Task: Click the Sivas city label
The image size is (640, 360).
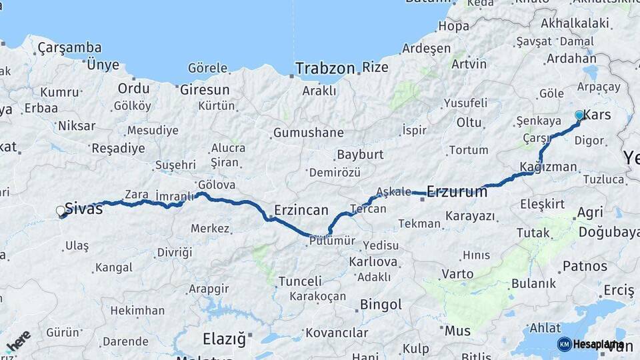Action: (84, 209)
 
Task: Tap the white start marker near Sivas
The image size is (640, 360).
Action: (61, 211)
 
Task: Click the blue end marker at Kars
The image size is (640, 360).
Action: (579, 115)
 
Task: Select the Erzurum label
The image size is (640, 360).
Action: (457, 192)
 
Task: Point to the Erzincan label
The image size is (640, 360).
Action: (301, 210)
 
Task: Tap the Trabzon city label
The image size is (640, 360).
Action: (325, 68)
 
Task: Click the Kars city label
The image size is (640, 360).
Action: (597, 115)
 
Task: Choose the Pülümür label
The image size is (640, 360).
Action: (331, 241)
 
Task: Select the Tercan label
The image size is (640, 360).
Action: (367, 209)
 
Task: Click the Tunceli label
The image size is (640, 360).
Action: (300, 281)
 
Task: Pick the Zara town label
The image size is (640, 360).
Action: (137, 195)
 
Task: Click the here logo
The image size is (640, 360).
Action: (18, 341)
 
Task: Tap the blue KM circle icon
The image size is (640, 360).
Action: (564, 344)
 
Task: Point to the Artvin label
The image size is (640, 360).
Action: (469, 64)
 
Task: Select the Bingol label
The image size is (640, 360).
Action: (381, 305)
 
